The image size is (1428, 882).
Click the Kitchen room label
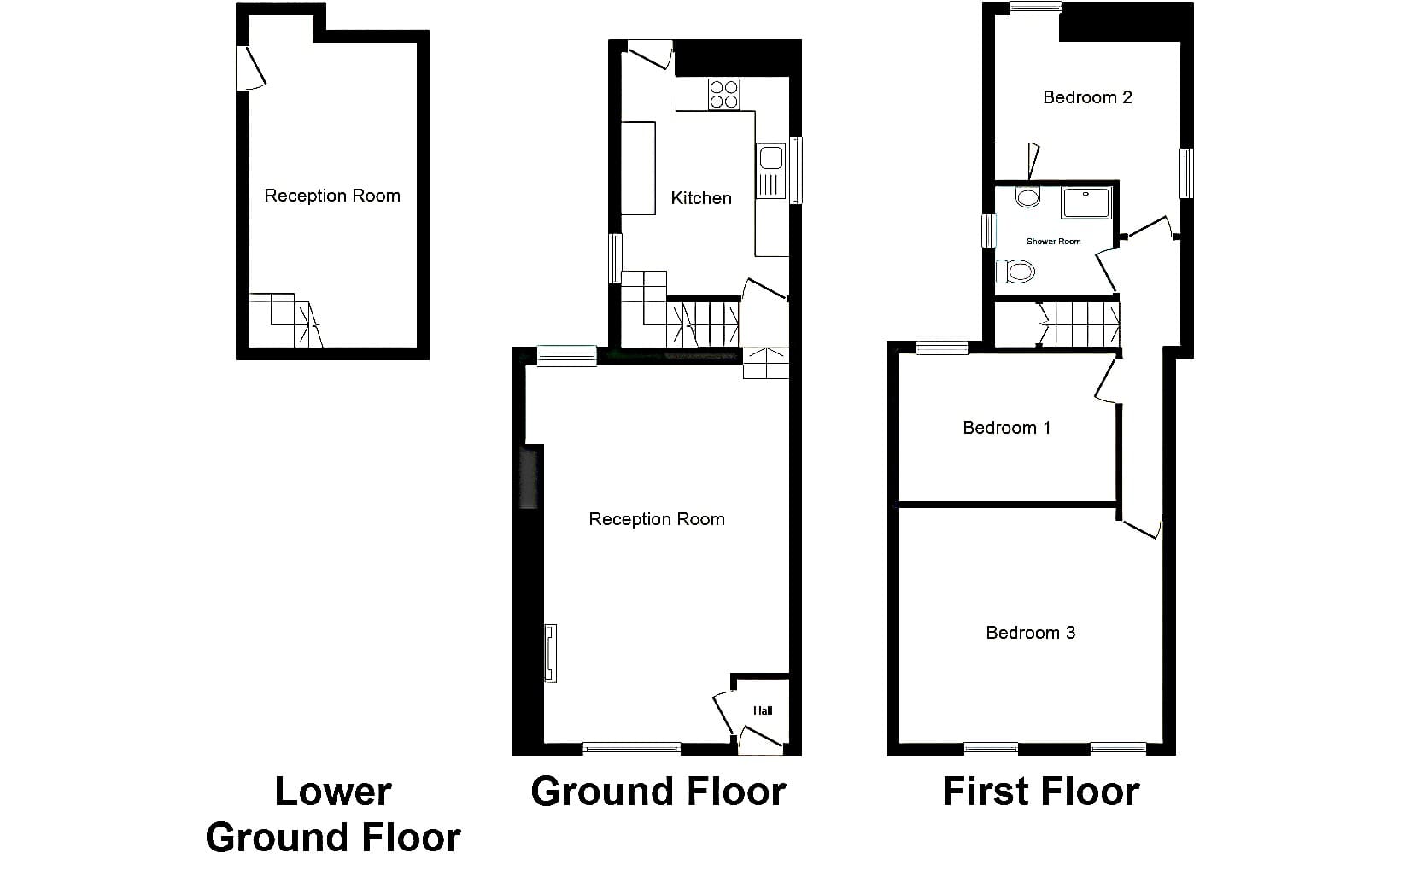click(700, 198)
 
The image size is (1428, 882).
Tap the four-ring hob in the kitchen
click(723, 94)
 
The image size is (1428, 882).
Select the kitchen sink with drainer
click(770, 171)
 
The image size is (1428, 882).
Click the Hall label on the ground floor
click(763, 710)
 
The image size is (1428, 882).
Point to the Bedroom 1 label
click(1007, 428)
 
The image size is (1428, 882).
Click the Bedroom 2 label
click(1087, 97)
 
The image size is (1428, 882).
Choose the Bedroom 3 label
click(1030, 632)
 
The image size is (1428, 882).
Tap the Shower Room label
click(1053, 242)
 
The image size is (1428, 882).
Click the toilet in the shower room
click(1015, 272)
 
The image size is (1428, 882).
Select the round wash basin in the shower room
click(1027, 197)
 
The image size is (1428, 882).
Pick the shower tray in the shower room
click(1086, 202)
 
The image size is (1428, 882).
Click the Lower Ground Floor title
click(333, 815)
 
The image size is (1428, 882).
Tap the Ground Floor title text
click(658, 791)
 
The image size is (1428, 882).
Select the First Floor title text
click(1041, 791)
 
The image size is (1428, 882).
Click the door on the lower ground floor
click(250, 67)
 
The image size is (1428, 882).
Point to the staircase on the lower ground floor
click(285, 320)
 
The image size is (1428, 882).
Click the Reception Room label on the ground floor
click(657, 519)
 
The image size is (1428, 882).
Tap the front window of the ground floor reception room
click(632, 750)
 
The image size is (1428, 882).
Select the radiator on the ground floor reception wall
click(550, 653)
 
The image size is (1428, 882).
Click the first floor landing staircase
click(1080, 324)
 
